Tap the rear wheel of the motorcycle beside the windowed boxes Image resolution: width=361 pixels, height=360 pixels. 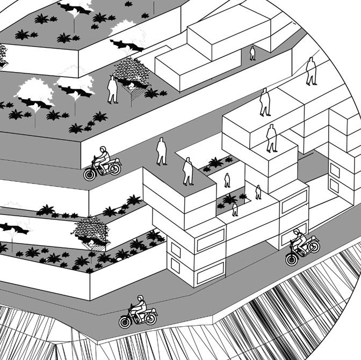(313, 246)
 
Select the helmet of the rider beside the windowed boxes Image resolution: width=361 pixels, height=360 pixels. (296, 232)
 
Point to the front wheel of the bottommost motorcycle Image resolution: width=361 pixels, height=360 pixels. (125, 321)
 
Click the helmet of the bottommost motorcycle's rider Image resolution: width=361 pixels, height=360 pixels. (141, 298)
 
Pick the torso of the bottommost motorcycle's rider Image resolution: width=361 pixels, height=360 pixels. (141, 307)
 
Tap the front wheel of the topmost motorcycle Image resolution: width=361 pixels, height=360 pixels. (90, 174)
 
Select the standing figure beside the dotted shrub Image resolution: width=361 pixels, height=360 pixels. (112, 90)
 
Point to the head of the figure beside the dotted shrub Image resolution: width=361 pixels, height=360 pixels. (112, 79)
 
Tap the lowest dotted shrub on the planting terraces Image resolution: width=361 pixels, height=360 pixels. (91, 231)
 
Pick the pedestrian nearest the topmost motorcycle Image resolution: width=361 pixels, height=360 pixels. (161, 152)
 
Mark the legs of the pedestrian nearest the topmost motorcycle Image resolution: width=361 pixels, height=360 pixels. (161, 159)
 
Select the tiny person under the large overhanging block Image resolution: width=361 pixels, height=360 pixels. (235, 209)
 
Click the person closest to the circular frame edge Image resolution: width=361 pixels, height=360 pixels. (311, 71)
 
